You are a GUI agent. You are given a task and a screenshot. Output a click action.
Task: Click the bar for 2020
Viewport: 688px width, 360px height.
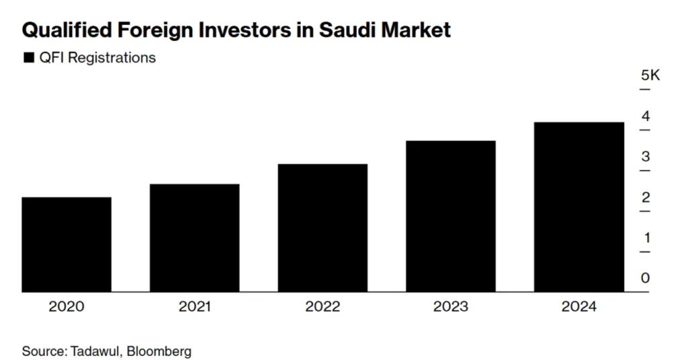(x=67, y=244)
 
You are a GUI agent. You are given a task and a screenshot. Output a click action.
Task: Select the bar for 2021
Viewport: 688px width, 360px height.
(x=194, y=238)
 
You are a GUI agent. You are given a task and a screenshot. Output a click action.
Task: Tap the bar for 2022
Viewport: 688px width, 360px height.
(x=322, y=228)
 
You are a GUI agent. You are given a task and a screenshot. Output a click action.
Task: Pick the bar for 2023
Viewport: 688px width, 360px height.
(x=451, y=216)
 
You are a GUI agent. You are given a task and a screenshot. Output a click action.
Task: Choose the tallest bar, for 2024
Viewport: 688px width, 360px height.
(x=579, y=207)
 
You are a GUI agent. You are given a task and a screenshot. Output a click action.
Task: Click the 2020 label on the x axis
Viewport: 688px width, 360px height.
(x=67, y=307)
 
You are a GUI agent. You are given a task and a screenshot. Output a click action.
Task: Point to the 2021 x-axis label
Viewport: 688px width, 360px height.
(x=194, y=307)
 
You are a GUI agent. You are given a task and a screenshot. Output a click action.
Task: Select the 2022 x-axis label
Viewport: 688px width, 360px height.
(x=322, y=307)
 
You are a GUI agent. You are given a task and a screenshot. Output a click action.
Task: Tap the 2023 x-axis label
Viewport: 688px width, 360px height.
(x=451, y=307)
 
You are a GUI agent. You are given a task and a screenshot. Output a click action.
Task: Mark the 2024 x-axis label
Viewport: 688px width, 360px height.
(x=579, y=307)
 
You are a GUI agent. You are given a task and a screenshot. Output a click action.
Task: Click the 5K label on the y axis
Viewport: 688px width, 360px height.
(x=650, y=75)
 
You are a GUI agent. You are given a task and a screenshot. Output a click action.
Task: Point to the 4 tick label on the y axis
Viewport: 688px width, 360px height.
(x=646, y=116)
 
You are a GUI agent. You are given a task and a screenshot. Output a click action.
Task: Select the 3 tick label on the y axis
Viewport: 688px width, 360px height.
(x=646, y=156)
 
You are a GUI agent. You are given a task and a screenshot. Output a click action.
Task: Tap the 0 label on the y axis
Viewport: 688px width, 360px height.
(x=646, y=278)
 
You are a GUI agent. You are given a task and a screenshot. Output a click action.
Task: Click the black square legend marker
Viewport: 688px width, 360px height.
(x=28, y=58)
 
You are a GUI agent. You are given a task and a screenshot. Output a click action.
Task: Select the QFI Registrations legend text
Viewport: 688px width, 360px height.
(x=97, y=58)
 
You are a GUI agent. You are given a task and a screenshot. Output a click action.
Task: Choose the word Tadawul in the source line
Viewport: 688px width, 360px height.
(x=95, y=351)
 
